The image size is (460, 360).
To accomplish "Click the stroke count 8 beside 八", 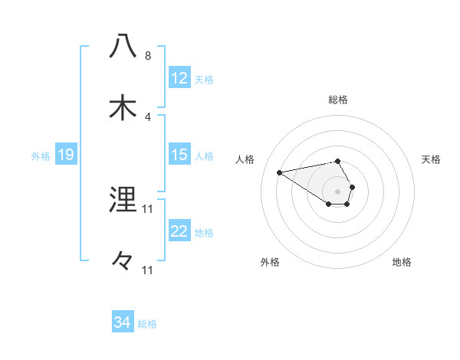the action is coord(148,56).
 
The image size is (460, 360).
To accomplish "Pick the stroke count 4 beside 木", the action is coord(148,117).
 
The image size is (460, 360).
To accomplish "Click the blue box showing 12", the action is coord(179,78).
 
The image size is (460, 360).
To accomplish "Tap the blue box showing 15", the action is coord(179,155).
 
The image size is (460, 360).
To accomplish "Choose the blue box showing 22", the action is coord(179,231).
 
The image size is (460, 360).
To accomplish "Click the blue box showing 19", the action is coord(66,155).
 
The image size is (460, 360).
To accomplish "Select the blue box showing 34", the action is coord(122,322).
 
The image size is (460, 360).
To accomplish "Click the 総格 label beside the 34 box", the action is coord(147,324).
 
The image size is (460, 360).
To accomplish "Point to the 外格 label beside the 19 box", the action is coord(41,155).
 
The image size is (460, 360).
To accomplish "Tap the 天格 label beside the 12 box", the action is coord(204,79).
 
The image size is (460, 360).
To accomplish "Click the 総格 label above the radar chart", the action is coord(337,100).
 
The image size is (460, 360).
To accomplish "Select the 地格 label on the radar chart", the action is coord(402,262).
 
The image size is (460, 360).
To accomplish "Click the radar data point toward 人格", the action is coord(280,172).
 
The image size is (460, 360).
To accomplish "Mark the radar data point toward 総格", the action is coord(337,161).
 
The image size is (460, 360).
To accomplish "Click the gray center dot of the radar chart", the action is coord(337,191).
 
